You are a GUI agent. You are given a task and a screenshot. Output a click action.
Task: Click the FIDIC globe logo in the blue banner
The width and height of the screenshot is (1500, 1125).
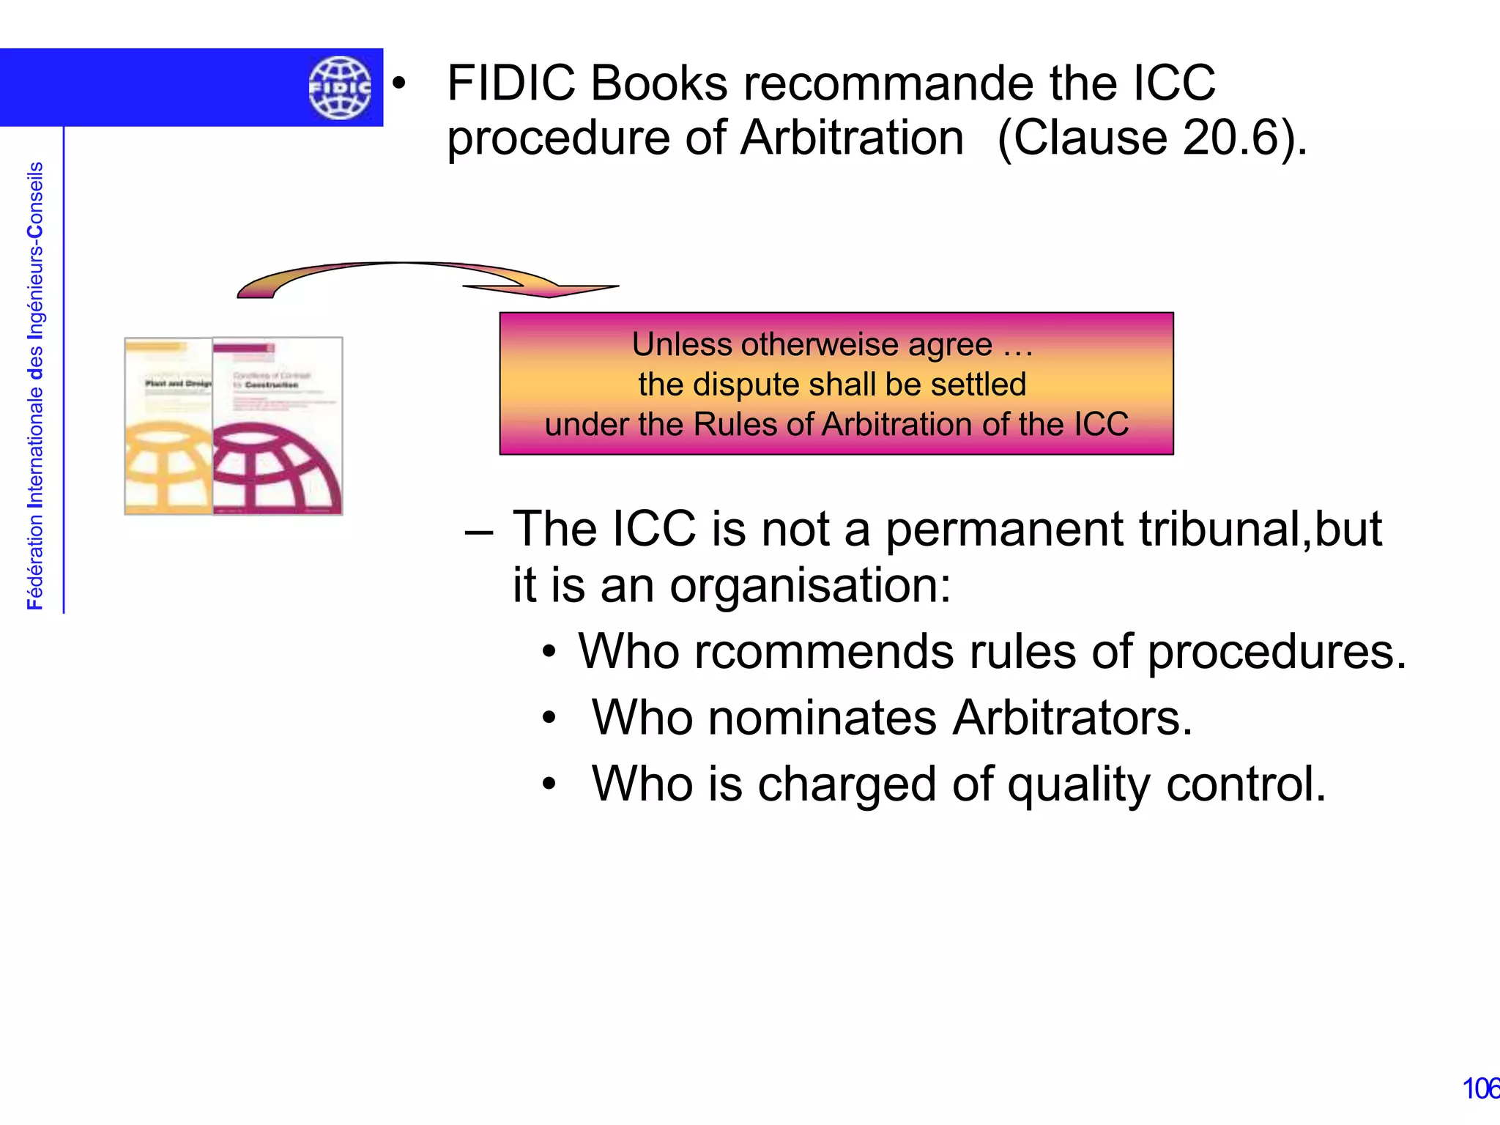point(340,88)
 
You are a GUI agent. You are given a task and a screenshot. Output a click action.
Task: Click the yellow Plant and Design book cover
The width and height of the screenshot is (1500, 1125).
point(169,426)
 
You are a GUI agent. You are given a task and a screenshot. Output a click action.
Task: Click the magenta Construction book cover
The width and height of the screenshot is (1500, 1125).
point(278,426)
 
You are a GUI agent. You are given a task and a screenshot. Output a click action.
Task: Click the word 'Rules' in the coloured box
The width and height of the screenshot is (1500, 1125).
point(736,424)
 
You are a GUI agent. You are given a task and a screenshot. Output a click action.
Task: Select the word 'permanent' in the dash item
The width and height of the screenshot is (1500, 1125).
point(1004,529)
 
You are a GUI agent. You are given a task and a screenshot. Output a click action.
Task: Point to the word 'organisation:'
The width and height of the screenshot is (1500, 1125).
point(810,586)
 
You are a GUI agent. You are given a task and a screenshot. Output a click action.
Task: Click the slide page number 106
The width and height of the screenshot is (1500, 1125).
point(1480,1088)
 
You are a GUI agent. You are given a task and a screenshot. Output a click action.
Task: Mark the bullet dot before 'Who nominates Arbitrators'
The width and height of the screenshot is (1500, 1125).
point(549,719)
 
